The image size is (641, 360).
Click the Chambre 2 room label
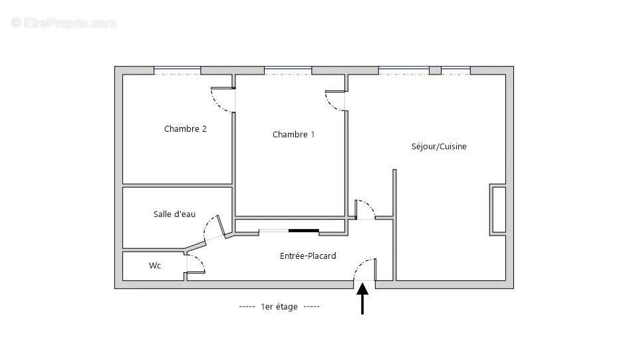[x=185, y=129]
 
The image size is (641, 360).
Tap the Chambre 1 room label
[x=293, y=134]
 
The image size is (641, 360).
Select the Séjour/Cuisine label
[x=439, y=146]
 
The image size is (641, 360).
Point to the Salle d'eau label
[x=174, y=214]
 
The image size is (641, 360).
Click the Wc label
[x=154, y=266]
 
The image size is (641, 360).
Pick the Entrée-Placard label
[x=307, y=256]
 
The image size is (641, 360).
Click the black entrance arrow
[x=362, y=299]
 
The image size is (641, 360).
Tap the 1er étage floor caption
[x=279, y=307]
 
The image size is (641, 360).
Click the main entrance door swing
[x=365, y=270]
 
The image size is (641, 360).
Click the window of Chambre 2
[x=177, y=70]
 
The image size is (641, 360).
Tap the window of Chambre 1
[x=287, y=70]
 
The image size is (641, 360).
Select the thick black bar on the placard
[x=303, y=232]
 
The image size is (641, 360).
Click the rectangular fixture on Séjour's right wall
[x=498, y=210]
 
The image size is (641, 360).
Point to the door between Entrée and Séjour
[x=365, y=208]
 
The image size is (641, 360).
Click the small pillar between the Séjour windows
[x=435, y=71]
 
